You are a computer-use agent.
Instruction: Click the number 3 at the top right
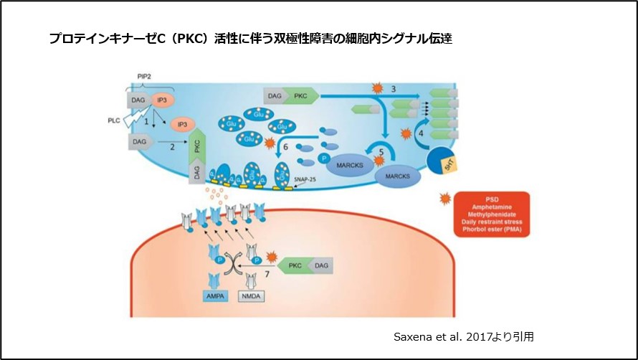coord(394,87)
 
